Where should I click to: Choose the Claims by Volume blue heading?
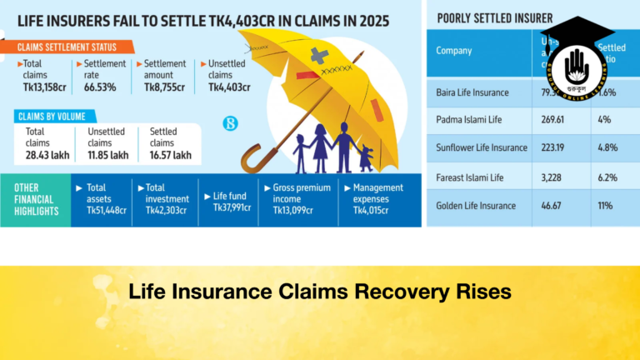[57, 117]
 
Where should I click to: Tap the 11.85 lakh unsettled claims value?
[107, 155]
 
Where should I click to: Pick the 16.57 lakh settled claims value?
[170, 155]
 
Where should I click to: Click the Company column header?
[453, 50]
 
